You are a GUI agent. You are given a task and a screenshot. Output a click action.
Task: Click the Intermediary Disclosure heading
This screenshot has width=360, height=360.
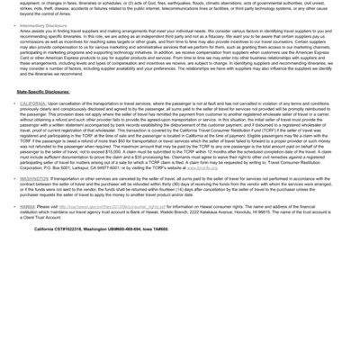[x=50, y=26]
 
